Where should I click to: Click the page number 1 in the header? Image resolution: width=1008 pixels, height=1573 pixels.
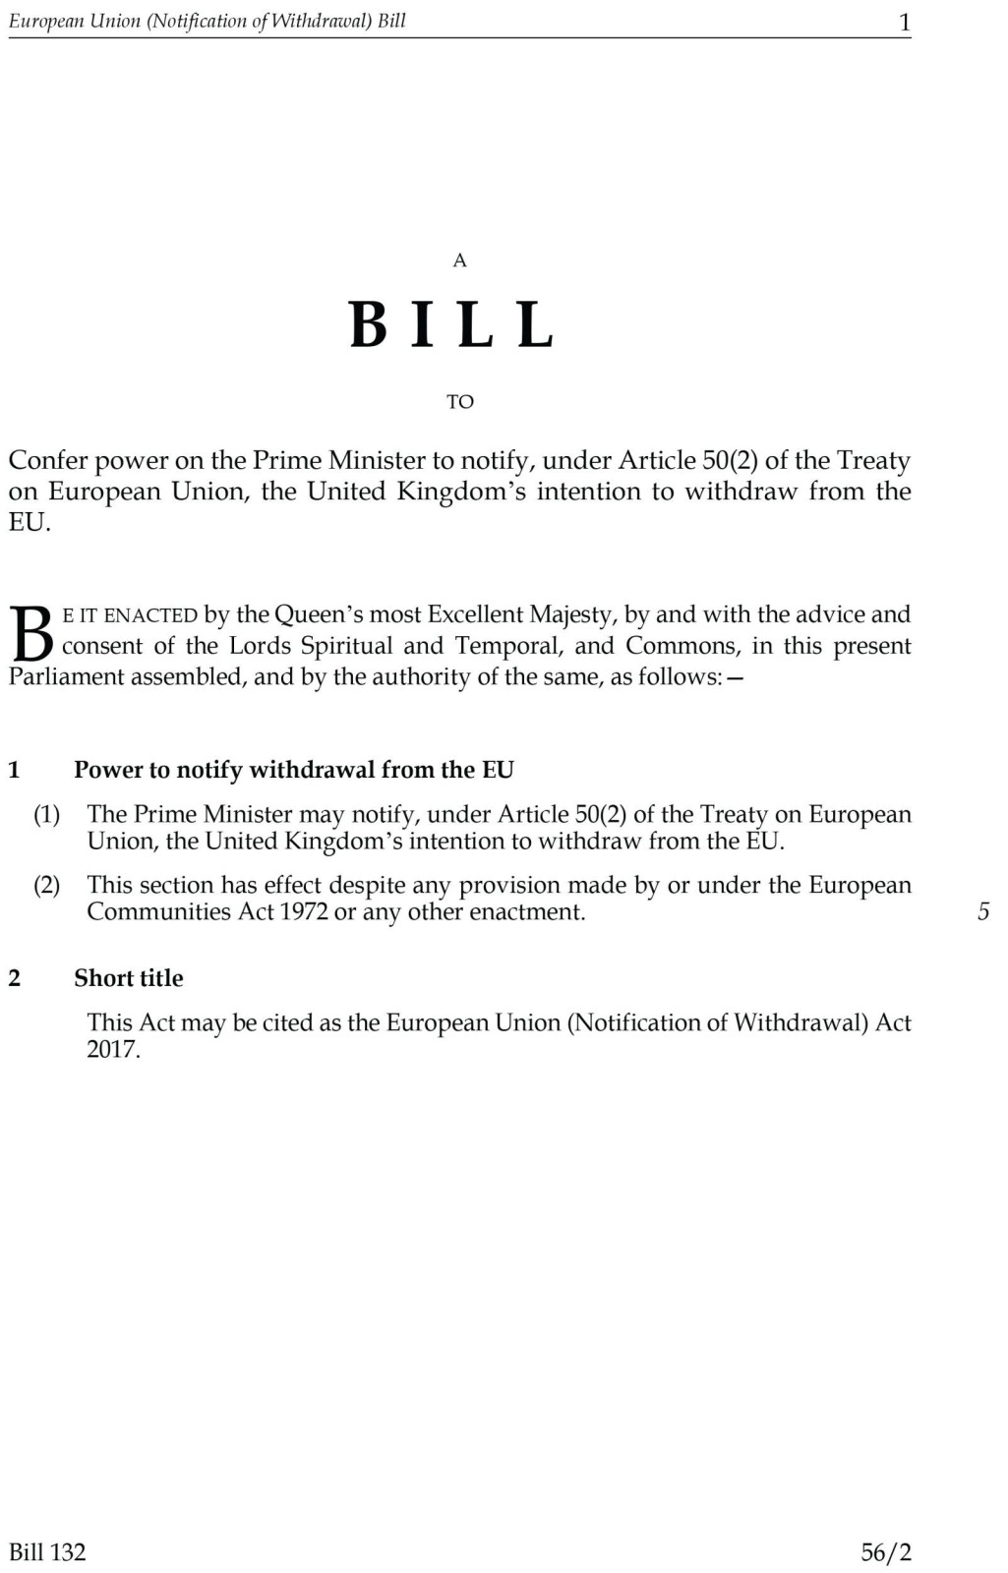pyautogui.click(x=905, y=23)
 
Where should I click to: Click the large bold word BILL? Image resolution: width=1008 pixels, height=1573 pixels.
pyautogui.click(x=452, y=325)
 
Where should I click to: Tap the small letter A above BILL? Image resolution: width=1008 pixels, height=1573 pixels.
pyautogui.click(x=459, y=261)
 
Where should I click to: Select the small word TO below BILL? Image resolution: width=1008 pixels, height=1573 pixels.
pyautogui.click(x=459, y=402)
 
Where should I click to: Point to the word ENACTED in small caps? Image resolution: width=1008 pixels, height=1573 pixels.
pyautogui.click(x=150, y=616)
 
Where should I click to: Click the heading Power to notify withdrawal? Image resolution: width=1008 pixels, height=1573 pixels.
pyautogui.click(x=293, y=770)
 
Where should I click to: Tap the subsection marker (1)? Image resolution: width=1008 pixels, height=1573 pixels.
pyautogui.click(x=47, y=814)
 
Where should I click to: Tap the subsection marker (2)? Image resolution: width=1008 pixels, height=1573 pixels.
pyautogui.click(x=47, y=885)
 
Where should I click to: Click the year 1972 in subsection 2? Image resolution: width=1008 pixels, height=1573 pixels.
pyautogui.click(x=303, y=912)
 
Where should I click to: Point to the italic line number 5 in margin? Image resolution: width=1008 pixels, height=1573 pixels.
pyautogui.click(x=982, y=912)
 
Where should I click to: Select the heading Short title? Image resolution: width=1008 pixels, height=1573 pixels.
pyautogui.click(x=129, y=978)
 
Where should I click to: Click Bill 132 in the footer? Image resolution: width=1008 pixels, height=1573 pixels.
pyautogui.click(x=47, y=1552)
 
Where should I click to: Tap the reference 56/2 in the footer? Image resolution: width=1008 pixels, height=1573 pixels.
pyautogui.click(x=886, y=1552)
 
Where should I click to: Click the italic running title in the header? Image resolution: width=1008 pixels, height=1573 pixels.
pyautogui.click(x=208, y=22)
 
